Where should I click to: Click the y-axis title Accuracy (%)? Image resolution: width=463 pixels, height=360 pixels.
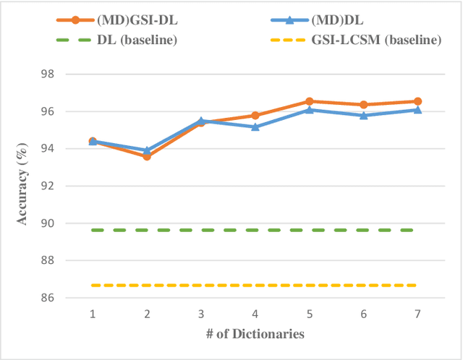25,187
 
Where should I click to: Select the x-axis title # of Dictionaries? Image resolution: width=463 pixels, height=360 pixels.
254,334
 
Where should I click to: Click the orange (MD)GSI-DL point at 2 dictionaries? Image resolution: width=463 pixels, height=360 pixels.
147,156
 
